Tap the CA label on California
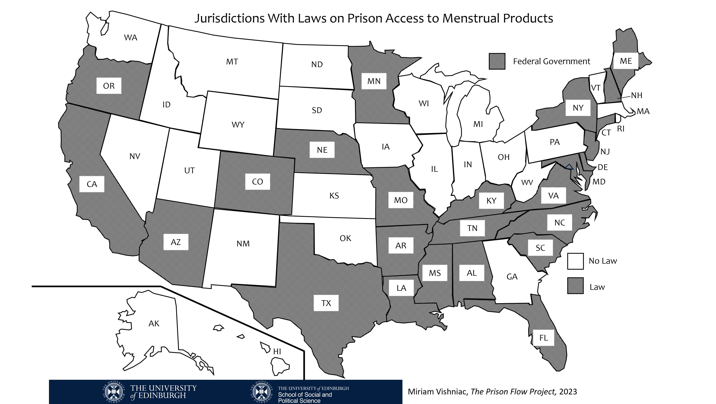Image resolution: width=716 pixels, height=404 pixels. tap(92, 184)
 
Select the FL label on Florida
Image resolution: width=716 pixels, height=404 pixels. tap(543, 338)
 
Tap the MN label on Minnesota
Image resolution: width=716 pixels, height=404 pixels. tap(374, 81)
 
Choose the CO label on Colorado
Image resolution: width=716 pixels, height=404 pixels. tap(257, 182)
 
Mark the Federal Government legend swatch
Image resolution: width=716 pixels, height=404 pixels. tap(497, 61)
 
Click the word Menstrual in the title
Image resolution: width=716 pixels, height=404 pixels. tap(470, 18)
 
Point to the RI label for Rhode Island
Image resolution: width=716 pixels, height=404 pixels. tap(621, 129)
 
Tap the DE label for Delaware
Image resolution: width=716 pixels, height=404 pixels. tap(603, 167)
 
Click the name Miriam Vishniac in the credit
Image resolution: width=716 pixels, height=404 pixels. tap(438, 391)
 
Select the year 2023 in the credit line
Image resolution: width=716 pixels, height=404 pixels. tap(568, 391)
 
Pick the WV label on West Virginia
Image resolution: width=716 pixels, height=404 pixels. tap(527, 182)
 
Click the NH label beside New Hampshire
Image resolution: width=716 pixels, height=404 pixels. tap(636, 95)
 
